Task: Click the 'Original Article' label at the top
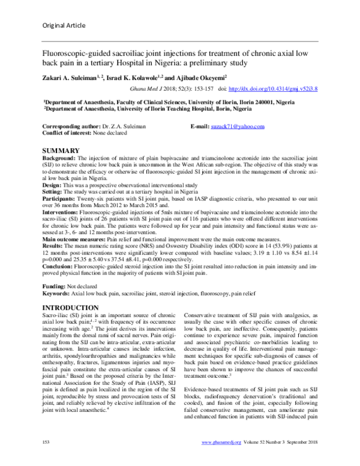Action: pos(65,25)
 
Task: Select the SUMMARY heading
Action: pos(61,150)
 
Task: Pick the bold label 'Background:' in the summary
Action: pos(57,157)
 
